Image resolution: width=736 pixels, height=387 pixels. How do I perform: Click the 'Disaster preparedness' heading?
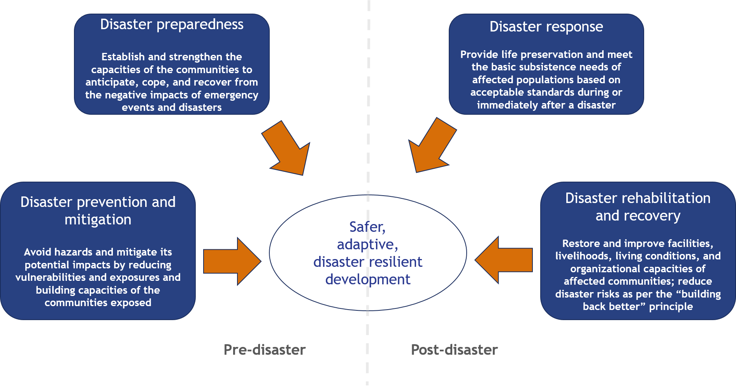pos(172,25)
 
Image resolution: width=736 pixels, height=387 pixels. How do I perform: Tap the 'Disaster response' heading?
pos(546,27)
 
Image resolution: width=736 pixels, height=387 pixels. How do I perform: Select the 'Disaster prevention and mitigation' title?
pos(98,210)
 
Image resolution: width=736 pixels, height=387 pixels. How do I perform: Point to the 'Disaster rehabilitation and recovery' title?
pos(638,207)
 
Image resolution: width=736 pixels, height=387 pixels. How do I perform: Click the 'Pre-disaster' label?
pos(265,350)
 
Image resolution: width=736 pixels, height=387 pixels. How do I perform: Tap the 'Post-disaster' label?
pos(454,350)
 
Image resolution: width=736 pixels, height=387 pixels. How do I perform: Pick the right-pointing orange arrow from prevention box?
pos(232,261)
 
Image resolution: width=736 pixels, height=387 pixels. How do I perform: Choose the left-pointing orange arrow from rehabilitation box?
pos(504,260)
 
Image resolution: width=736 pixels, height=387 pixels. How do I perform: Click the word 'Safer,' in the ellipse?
pos(367,227)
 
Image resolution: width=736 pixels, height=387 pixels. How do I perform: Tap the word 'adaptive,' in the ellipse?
pos(367,244)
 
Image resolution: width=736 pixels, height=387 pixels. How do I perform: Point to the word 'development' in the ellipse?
pos(368,279)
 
